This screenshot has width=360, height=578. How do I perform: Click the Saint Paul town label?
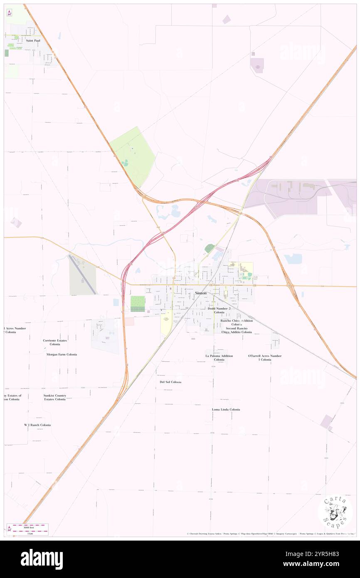(32, 41)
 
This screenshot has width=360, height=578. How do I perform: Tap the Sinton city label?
(201, 293)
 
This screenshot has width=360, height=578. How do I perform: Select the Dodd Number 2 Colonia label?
(219, 310)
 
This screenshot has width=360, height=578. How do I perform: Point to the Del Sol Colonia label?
(170, 382)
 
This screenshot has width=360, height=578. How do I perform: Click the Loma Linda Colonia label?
(226, 410)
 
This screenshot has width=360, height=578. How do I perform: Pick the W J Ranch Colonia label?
(37, 425)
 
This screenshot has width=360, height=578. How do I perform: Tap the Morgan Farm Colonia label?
(62, 354)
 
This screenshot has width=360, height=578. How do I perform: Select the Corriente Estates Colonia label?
(55, 342)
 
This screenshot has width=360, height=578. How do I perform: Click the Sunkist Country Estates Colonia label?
(55, 397)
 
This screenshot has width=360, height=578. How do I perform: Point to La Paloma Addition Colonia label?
(219, 358)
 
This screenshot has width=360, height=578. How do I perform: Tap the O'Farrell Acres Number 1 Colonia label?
(265, 358)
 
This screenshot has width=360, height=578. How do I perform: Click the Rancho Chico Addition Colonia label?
(237, 322)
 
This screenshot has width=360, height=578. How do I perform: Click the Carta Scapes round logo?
(335, 511)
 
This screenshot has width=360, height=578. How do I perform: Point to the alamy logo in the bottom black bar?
(42, 559)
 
